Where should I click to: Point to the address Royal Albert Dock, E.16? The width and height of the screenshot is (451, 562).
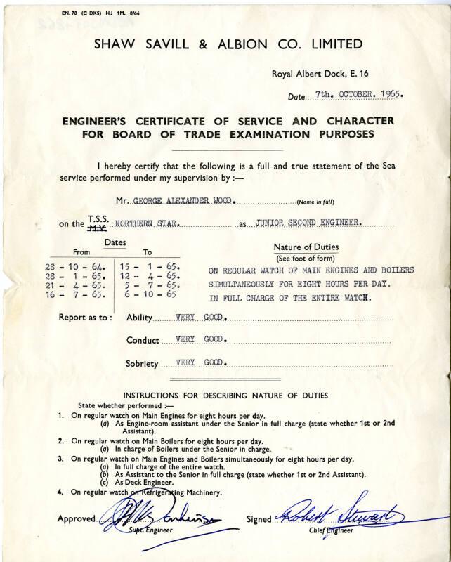314,73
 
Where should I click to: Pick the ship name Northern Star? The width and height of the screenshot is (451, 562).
148,223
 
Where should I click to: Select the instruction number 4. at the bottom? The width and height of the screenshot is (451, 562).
61,492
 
